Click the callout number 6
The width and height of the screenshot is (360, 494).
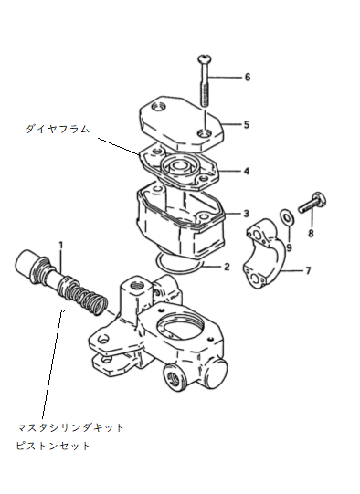pyautogui.click(x=248, y=78)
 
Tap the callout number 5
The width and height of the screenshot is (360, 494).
pyautogui.click(x=247, y=124)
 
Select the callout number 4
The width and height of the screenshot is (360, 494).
pyautogui.click(x=247, y=171)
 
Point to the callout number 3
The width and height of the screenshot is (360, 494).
pyautogui.click(x=246, y=214)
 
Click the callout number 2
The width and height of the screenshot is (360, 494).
pyautogui.click(x=227, y=267)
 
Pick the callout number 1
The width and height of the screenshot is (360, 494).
pyautogui.click(x=61, y=245)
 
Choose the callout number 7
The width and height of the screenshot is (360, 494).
pyautogui.click(x=308, y=270)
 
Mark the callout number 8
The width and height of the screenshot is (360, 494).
pyautogui.click(x=311, y=233)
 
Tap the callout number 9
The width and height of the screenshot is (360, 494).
pyautogui.click(x=289, y=247)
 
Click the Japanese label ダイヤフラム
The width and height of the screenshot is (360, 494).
pyautogui.click(x=58, y=129)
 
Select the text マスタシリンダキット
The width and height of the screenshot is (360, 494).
pyautogui.click(x=69, y=428)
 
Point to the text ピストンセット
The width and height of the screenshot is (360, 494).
pyautogui.click(x=53, y=446)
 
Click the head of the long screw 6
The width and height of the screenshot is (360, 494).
pyautogui.click(x=205, y=58)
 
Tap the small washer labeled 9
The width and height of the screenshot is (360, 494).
pyautogui.click(x=287, y=216)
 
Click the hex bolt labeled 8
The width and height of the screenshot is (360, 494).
pyautogui.click(x=312, y=204)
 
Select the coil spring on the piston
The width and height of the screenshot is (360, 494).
pyautogui.click(x=85, y=296)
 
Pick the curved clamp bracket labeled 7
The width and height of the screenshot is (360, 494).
pyautogui.click(x=264, y=253)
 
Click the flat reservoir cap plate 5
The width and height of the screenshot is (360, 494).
pyautogui.click(x=182, y=124)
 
